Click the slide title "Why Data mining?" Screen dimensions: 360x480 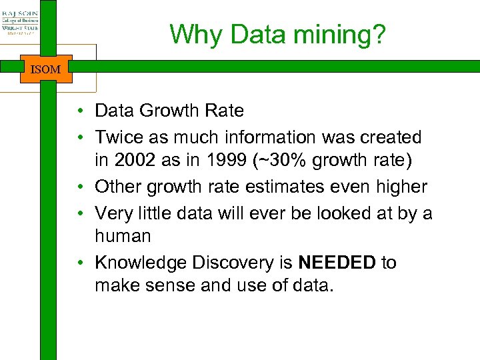[x=277, y=35]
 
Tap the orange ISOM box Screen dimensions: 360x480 [x=45, y=69]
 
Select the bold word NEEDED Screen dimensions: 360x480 [x=337, y=263]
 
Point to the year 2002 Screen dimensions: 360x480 [x=136, y=161]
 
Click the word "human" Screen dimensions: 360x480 [x=123, y=236]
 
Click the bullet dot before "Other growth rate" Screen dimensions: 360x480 [x=79, y=187]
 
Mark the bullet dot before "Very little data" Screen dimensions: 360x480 [x=79, y=213]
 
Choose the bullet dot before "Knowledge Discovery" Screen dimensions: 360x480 [x=79, y=263]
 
